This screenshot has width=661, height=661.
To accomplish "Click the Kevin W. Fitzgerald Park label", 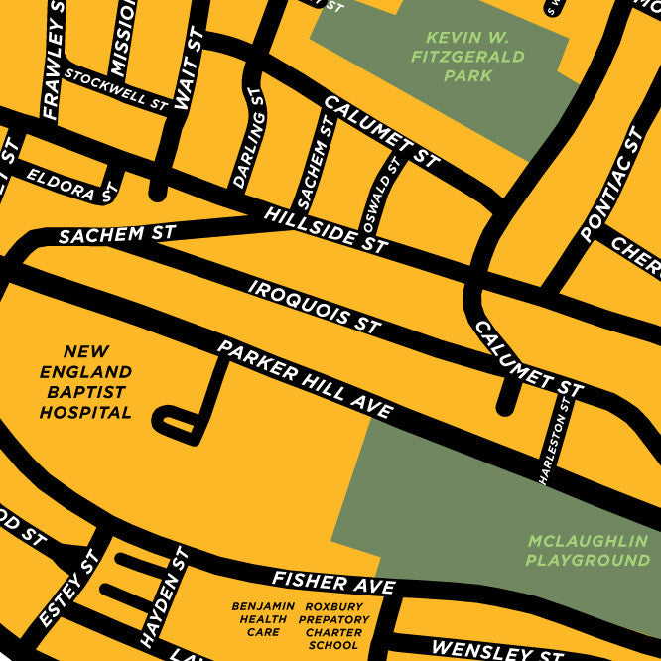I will (467, 57).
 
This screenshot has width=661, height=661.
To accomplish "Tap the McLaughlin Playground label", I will (588, 551).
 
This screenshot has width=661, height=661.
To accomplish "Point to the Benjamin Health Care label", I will (263, 619).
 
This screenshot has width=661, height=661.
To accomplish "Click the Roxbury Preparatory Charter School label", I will (333, 625).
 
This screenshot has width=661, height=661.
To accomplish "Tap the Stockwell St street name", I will (117, 87).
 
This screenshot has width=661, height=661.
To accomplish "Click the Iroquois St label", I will (315, 306).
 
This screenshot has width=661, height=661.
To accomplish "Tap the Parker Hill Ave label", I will (305, 378).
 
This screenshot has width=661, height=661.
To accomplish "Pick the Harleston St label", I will (555, 441).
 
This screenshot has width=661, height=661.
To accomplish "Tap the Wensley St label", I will (483, 650).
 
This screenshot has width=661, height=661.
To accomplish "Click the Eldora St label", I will (66, 186).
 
